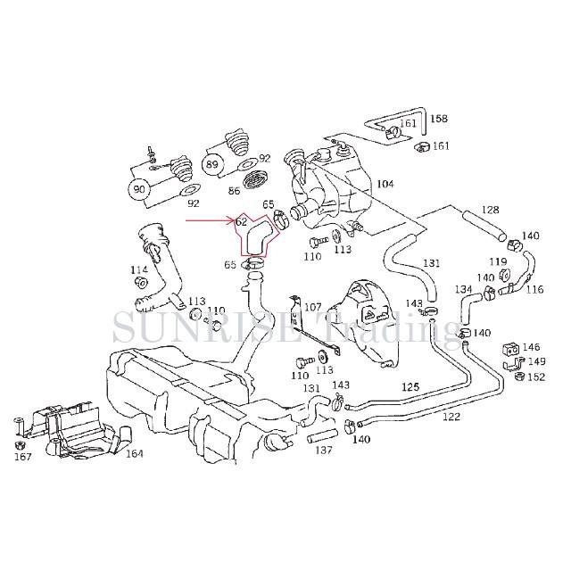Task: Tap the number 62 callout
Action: pyautogui.click(x=242, y=221)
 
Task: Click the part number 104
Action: pyautogui.click(x=385, y=185)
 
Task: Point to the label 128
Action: pyautogui.click(x=491, y=211)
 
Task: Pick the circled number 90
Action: pyautogui.click(x=138, y=189)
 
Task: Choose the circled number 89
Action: pyautogui.click(x=211, y=165)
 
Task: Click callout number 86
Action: pyautogui.click(x=234, y=190)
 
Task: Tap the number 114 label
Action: pyautogui.click(x=139, y=269)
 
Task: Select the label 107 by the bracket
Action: pyautogui.click(x=312, y=307)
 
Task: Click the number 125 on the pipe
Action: pyautogui.click(x=410, y=386)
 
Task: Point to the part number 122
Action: pyautogui.click(x=451, y=418)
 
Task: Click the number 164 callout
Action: pyautogui.click(x=134, y=454)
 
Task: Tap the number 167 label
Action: pyautogui.click(x=22, y=457)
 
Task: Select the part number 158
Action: pyautogui.click(x=439, y=119)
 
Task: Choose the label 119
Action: pyautogui.click(x=498, y=262)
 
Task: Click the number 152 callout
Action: pyautogui.click(x=535, y=377)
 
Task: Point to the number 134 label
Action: pyautogui.click(x=464, y=290)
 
